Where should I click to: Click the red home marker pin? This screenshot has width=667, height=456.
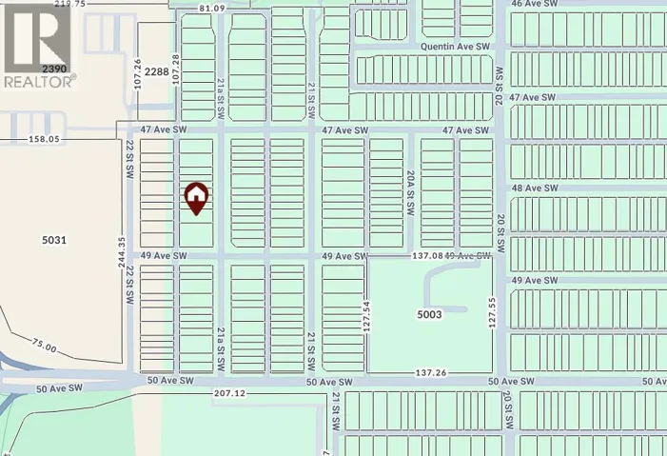coord(195,198)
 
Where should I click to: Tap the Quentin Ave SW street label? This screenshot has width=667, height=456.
coord(456,46)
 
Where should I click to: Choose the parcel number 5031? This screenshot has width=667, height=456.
coord(53,240)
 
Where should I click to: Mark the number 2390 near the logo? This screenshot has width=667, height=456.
coord(54,69)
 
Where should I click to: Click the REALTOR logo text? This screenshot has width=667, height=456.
coord(38,82)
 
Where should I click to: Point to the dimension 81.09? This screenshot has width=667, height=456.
coord(213,9)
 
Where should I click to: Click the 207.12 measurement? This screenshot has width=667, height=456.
coord(230,393)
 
